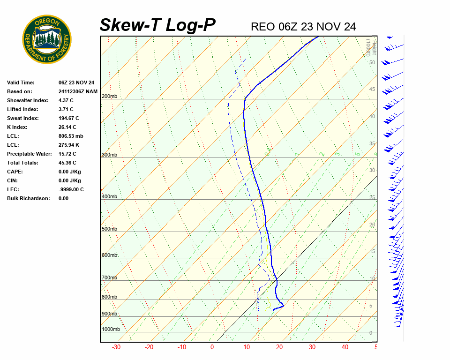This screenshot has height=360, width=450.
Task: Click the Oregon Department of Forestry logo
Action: pos(47,39)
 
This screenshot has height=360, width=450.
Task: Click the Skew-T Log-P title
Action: pos(157,25)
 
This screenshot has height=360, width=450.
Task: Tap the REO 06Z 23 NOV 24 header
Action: pos(303,27)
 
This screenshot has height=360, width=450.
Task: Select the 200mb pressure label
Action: pos(109,97)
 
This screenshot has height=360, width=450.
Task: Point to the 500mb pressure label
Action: pos(109,229)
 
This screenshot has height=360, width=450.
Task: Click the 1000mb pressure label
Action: pos(111,329)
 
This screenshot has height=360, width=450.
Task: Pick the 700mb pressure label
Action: pos(109,278)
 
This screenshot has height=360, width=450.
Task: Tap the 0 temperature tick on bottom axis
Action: pos(212,347)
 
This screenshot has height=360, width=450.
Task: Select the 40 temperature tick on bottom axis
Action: pos(345,347)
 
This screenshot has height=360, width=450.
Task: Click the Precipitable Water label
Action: pos(29,154)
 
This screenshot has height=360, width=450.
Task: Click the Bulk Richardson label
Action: pos(28,198)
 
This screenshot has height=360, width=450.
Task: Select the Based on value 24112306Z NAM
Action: pos(78,91)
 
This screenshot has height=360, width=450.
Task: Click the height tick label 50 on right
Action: pos(372,62)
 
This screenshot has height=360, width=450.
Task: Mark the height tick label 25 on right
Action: pos(372,197)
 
